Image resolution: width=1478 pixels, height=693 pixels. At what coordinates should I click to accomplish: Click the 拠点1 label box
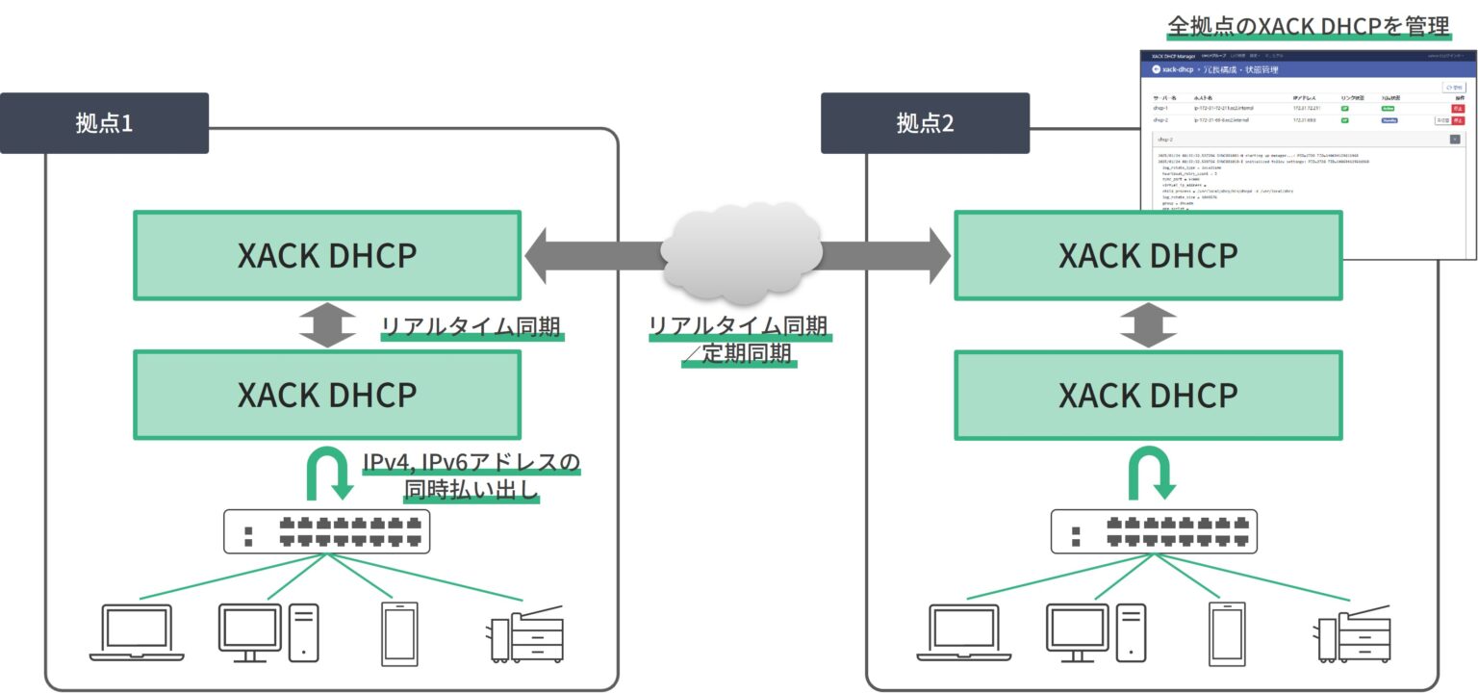(x=104, y=123)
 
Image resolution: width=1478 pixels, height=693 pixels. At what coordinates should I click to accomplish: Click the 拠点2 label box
(x=925, y=123)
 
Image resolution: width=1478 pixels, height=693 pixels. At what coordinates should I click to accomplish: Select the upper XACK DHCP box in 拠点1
(x=327, y=256)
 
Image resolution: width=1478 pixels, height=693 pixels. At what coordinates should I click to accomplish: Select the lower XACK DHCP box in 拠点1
(x=327, y=395)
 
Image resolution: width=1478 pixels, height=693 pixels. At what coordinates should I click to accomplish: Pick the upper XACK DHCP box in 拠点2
(x=1148, y=256)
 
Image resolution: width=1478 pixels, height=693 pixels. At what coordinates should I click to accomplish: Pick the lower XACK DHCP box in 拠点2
(x=1148, y=395)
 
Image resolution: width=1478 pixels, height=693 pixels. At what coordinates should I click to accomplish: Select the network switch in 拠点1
(x=327, y=531)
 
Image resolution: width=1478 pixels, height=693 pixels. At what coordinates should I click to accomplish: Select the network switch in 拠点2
(x=1153, y=531)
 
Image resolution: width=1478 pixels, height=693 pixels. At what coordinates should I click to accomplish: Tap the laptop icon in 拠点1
(x=137, y=632)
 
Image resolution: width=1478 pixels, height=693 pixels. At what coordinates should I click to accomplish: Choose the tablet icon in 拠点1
(x=398, y=632)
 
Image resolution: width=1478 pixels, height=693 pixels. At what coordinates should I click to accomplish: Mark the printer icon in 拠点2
(x=1351, y=635)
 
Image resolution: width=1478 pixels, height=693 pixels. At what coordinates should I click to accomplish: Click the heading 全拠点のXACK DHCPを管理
(x=1308, y=26)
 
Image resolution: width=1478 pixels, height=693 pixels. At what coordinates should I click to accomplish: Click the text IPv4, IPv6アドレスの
(x=471, y=463)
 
